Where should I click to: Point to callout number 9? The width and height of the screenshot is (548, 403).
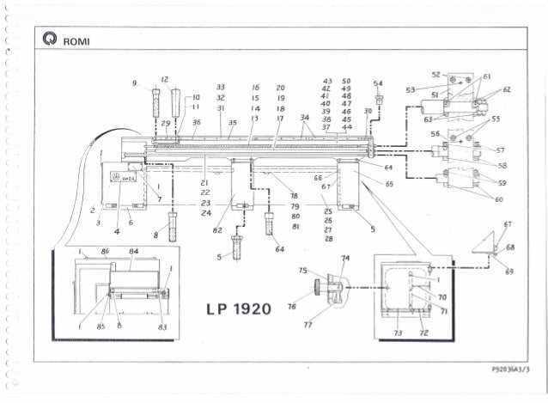pyautogui.click(x=136, y=82)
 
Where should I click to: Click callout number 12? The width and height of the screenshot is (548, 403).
pyautogui.click(x=162, y=78)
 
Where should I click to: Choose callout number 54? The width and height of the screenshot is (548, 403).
pyautogui.click(x=379, y=82)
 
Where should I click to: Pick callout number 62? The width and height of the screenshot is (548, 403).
pyautogui.click(x=507, y=89)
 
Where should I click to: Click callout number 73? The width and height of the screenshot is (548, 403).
pyautogui.click(x=397, y=332)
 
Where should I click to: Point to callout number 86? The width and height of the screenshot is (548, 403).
pyautogui.click(x=105, y=252)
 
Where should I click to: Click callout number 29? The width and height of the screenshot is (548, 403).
pyautogui.click(x=167, y=123)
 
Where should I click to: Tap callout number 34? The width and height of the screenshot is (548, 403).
pyautogui.click(x=305, y=117)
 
